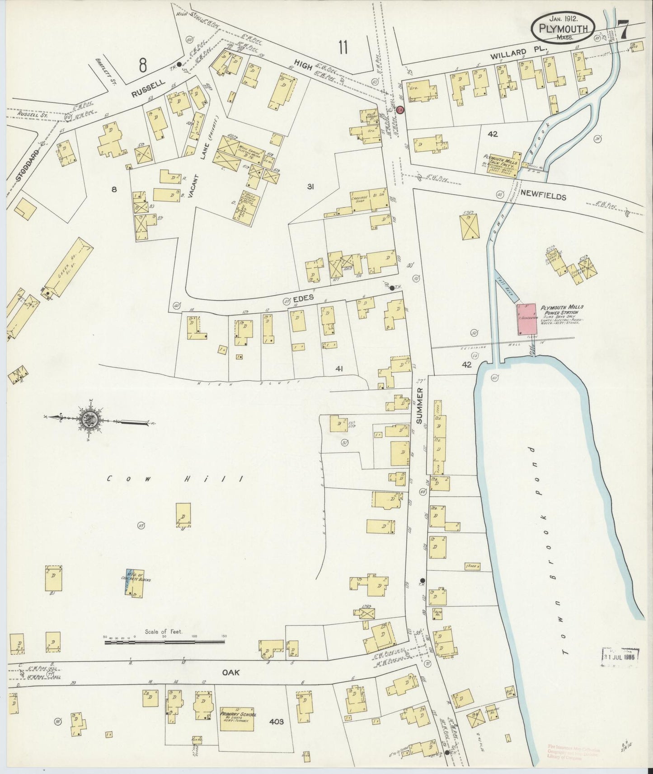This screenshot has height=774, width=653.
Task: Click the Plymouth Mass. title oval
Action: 563,29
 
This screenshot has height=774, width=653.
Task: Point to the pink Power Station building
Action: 526,319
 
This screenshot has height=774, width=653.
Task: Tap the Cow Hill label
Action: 174,479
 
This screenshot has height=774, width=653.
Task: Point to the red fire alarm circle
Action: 400,110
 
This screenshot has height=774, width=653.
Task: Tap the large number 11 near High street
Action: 343,47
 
